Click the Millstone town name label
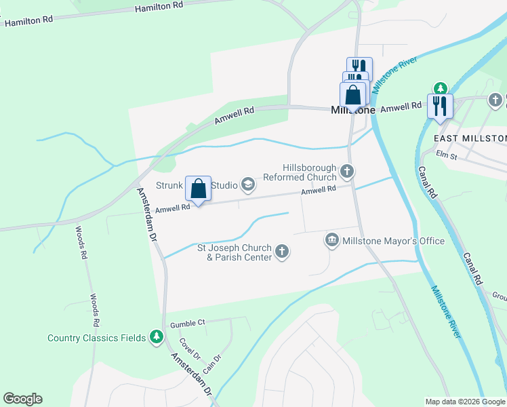(352, 110)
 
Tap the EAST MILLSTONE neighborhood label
(470, 138)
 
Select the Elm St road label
(447, 155)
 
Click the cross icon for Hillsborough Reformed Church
(347, 172)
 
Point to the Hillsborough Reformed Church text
(309, 172)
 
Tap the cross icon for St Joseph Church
(282, 252)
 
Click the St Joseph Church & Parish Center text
(234, 252)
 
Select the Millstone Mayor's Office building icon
(332, 240)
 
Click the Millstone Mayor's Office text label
(393, 241)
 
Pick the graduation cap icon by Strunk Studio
(248, 184)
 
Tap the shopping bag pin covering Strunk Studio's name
(198, 188)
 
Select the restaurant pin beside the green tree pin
(440, 106)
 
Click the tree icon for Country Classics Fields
(157, 337)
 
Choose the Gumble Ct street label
(188, 324)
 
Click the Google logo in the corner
(22, 399)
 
